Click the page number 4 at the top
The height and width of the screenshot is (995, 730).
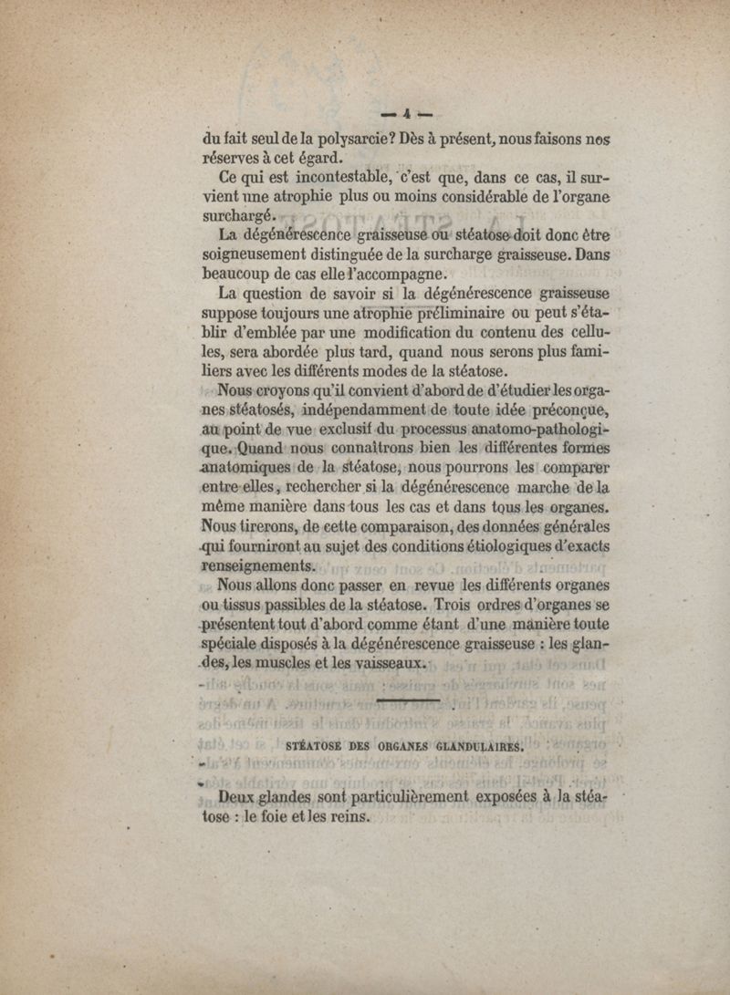click(402, 114)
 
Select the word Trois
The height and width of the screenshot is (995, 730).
click(454, 605)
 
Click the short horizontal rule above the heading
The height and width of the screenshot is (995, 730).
click(408, 700)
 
